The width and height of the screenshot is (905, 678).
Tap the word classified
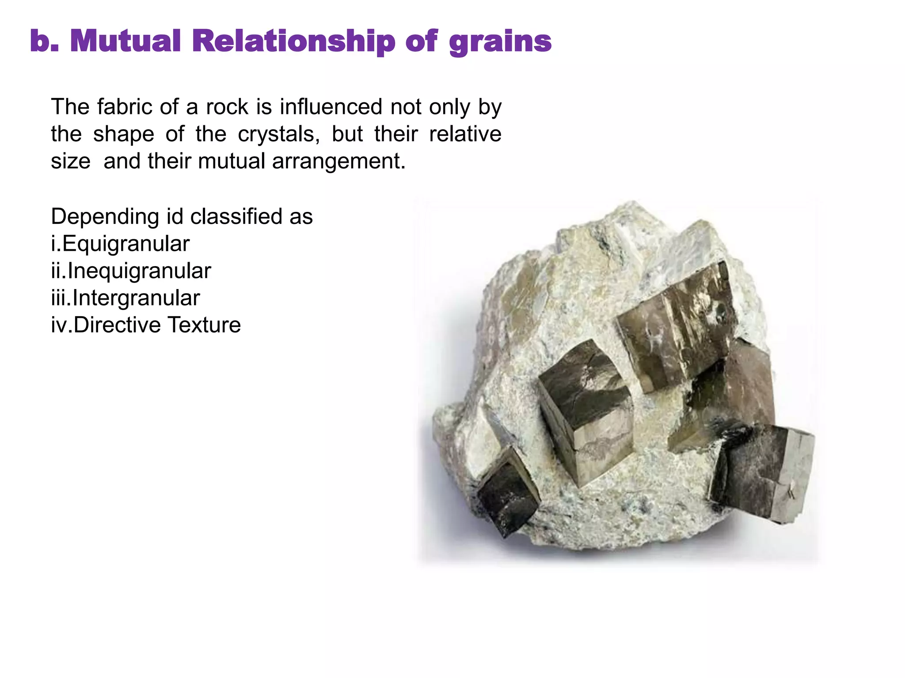pyautogui.click(x=236, y=216)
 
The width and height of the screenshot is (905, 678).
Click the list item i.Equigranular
pyautogui.click(x=120, y=244)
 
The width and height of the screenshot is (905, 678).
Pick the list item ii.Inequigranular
pyautogui.click(x=131, y=271)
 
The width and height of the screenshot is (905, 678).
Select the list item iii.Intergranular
pyautogui.click(x=125, y=298)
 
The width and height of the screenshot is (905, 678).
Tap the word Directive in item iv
pyautogui.click(x=117, y=325)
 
